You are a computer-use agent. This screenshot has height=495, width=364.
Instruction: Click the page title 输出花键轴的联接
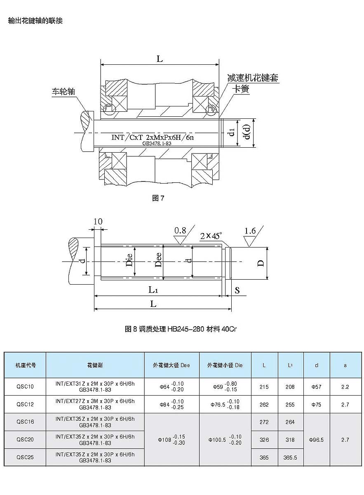tap(35, 21)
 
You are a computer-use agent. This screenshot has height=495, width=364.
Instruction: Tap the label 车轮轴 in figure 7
tap(63, 91)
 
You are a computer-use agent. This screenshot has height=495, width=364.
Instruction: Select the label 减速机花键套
tap(253, 78)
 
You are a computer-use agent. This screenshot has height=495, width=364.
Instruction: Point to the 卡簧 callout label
tap(241, 89)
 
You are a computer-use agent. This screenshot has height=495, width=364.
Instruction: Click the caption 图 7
tap(158, 198)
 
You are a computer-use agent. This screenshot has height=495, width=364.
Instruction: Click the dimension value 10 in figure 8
tap(98, 222)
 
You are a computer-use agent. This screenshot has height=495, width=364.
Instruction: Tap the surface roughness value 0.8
tap(180, 230)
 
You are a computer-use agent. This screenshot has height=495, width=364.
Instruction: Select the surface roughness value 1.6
tap(250, 231)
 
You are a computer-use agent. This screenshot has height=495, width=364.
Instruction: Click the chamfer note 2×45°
tap(211, 236)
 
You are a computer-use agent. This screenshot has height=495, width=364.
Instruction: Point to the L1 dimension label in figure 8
tap(153, 290)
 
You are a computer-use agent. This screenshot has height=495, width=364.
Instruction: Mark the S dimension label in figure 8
tap(237, 290)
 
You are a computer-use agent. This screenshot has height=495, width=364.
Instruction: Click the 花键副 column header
tap(95, 365)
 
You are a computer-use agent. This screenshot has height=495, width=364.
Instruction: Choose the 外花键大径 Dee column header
tap(171, 365)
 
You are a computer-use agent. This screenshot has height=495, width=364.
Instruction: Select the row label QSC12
tap(25, 404)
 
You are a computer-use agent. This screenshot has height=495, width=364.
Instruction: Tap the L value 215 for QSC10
tap(264, 387)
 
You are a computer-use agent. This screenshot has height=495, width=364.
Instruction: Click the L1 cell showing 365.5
tap(290, 457)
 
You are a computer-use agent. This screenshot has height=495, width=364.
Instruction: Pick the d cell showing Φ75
tap(316, 404)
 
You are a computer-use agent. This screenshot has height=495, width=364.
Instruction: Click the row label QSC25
tap(25, 457)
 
